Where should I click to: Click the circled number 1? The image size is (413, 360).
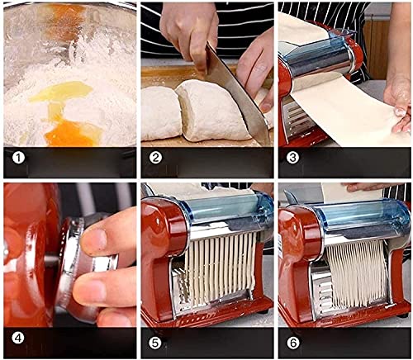point(18,159)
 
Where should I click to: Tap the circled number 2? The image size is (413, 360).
point(155,159)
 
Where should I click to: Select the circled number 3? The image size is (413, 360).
point(292,159)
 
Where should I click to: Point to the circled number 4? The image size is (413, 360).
point(18,338)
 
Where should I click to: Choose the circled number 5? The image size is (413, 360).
point(155,343)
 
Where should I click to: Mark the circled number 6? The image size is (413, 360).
point(292,343)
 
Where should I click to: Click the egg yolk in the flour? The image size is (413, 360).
point(73,133)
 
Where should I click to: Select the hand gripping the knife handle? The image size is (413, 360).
point(190,33)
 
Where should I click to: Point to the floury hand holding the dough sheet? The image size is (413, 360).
point(398,103)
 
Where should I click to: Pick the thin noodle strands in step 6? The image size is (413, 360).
point(357,273)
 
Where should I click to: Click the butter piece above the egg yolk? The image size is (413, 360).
point(60,92)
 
